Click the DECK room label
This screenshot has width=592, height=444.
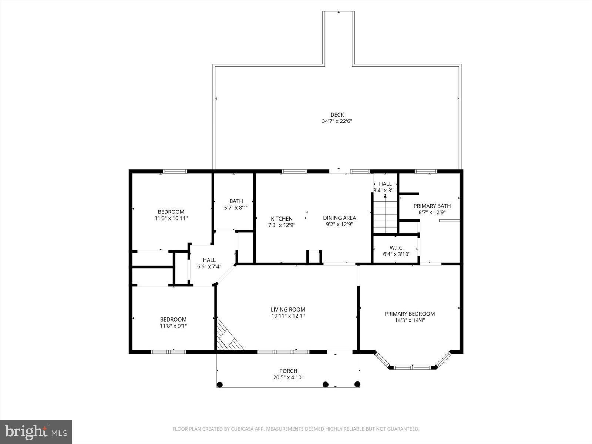pos(337,115)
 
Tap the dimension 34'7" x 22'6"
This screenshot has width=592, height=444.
pos(337,121)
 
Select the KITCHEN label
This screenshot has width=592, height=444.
pos(282,219)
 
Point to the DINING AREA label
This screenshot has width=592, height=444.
pos(339,218)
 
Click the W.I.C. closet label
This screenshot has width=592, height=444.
pos(396,248)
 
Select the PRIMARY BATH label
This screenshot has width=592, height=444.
pos(432,206)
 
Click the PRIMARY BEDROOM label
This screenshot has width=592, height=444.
pos(410,314)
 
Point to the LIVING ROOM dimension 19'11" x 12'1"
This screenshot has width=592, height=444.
pos(288,316)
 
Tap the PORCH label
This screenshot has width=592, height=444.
pos(288,371)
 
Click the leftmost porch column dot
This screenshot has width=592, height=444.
pos(219,384)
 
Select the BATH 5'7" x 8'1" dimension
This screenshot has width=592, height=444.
pos(236,208)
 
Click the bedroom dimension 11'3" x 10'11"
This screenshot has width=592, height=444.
pos(171,218)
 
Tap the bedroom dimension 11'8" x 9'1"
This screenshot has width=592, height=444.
pos(173,326)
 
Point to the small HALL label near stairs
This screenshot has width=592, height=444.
pos(385,184)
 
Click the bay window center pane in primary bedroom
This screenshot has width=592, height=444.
pos(412,367)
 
